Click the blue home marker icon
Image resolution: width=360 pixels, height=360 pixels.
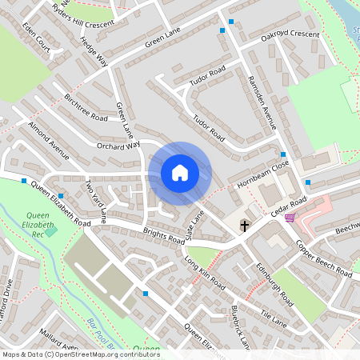[180, 173]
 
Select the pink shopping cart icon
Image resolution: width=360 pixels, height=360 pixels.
[289, 217]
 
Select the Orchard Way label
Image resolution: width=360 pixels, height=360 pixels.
[118, 146]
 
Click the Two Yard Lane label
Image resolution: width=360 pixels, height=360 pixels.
[95, 202]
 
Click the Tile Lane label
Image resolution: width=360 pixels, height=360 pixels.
[272, 321]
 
